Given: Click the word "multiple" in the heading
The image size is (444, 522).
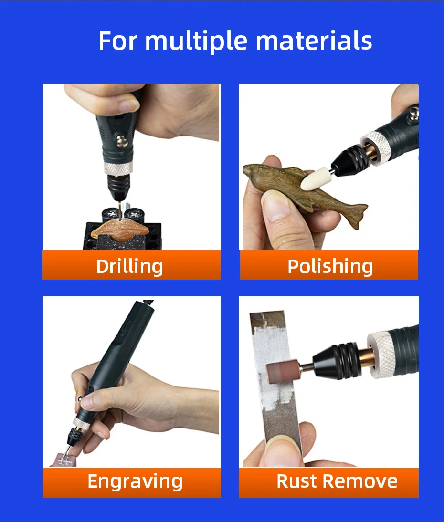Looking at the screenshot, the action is (x=196, y=42).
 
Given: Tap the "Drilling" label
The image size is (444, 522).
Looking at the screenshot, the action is (x=129, y=266).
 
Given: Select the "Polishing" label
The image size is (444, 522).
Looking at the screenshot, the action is (x=330, y=266).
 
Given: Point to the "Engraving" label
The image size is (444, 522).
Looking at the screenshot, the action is (x=135, y=481).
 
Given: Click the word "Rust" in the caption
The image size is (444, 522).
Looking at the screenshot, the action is (x=296, y=481).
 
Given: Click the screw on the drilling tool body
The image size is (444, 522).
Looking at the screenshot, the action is (x=122, y=141).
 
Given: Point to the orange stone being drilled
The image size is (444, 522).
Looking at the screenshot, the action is (x=119, y=230).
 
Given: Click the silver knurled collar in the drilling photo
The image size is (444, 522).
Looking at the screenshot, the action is (x=118, y=168).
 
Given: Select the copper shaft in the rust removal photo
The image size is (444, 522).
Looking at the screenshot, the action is (x=365, y=361).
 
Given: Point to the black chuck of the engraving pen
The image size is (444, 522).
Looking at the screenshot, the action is (x=73, y=436).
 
